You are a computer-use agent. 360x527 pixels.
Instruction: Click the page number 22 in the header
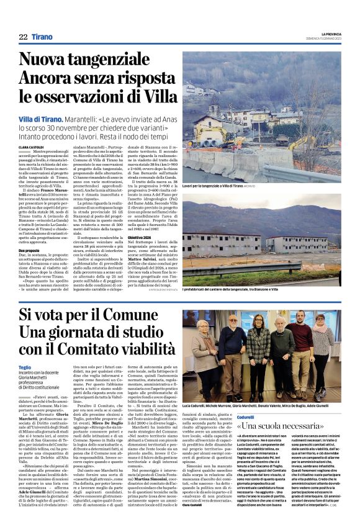[23, 38]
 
